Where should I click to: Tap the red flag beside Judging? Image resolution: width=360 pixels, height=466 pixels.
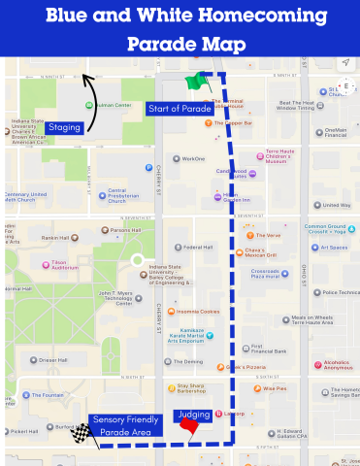point(189,425)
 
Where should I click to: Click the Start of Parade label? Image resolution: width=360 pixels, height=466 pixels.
point(179,109)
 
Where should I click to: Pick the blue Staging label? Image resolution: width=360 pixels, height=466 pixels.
point(64,127)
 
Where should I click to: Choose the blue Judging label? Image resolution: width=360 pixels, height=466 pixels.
point(190,415)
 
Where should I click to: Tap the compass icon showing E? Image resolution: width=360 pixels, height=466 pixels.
point(344,86)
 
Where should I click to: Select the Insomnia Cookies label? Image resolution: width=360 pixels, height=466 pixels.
point(199,312)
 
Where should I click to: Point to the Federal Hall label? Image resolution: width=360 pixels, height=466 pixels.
point(198,247)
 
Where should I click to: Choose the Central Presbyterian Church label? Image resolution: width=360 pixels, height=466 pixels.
point(130,195)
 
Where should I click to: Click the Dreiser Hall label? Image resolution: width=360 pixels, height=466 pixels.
point(52,360)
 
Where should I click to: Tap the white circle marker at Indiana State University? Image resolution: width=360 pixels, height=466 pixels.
point(138,260)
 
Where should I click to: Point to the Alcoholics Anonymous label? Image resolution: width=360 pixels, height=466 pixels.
point(337,365)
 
